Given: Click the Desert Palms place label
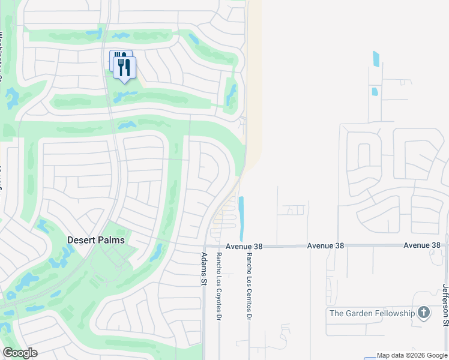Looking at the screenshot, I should (96, 240).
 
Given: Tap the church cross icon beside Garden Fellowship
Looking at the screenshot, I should (424, 313).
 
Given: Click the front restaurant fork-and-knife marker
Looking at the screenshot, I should (125, 67).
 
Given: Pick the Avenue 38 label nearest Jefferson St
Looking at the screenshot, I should (421, 245).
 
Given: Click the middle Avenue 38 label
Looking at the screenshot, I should (325, 246).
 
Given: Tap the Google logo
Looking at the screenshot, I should (20, 353).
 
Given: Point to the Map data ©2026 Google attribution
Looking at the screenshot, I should (412, 355).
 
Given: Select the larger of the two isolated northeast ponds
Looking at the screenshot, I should (376, 58).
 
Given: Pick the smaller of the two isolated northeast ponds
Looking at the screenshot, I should (375, 92).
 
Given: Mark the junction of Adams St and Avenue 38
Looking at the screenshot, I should (204, 246).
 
